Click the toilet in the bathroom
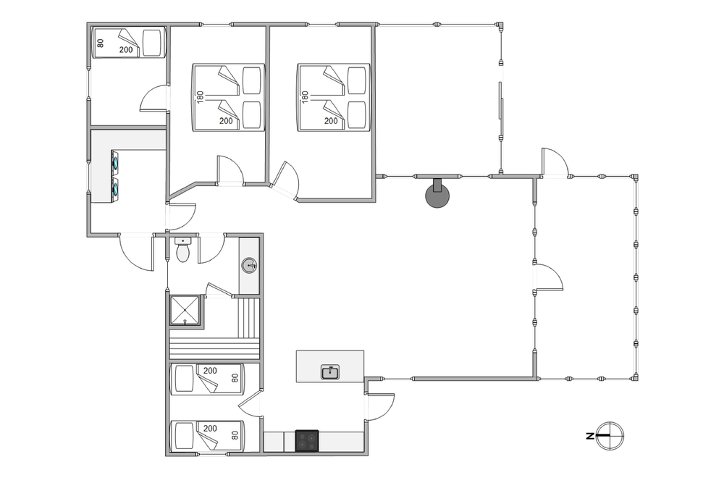pos(183,249)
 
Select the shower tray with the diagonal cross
pos(185,311)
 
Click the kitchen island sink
pos(330,371)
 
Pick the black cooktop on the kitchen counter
pos(307,440)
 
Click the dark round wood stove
pos(437,196)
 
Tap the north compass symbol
pos(610,435)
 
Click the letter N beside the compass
pos(589,436)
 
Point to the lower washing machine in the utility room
pos(115,189)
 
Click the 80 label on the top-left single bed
pos(101,43)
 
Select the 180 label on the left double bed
pos(200,96)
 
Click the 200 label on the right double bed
pos(331,121)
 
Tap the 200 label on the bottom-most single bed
pos(210,429)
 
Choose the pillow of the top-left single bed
pos(151,43)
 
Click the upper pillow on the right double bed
pos(356,81)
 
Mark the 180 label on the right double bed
pos(305,96)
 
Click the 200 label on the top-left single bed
pos(126,50)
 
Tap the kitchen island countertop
pos(329,366)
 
